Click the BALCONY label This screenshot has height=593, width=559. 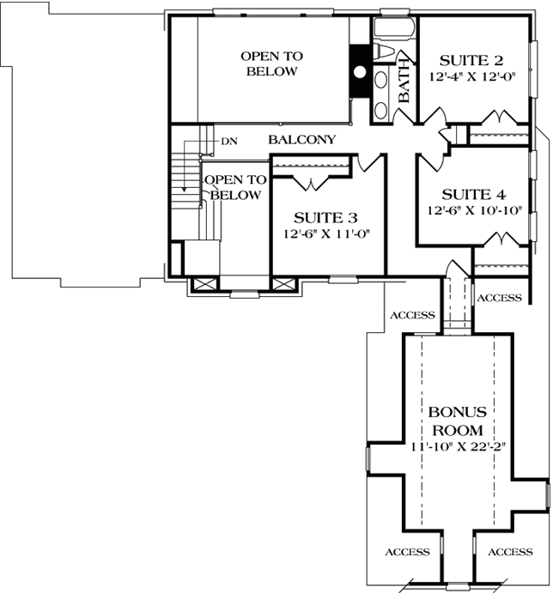301,139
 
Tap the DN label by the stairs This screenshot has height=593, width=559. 228,140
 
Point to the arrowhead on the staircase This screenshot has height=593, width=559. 183,190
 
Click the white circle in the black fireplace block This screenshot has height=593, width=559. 361,72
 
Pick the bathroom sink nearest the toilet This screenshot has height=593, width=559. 381,83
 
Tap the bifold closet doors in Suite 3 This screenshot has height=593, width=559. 310,182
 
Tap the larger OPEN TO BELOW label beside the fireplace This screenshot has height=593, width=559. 272,64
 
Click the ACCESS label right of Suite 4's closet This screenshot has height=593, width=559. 499,298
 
